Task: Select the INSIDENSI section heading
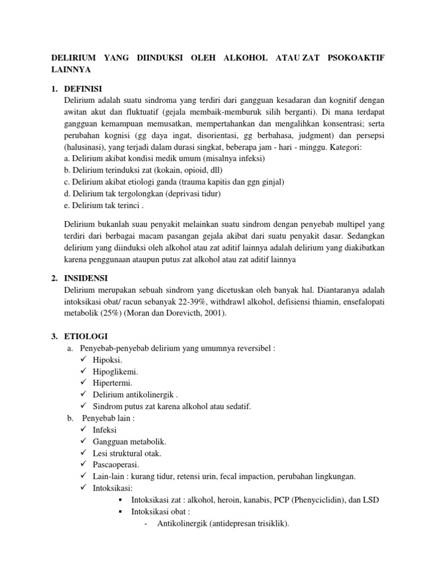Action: coord(87,278)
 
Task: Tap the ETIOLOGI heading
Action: coord(86,336)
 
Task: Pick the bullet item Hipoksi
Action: coord(107,360)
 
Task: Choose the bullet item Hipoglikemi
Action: coord(115,372)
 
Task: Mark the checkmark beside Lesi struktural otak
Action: coord(83,453)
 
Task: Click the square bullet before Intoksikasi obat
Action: coord(122,512)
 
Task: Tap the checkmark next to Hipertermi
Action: coord(83,383)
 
